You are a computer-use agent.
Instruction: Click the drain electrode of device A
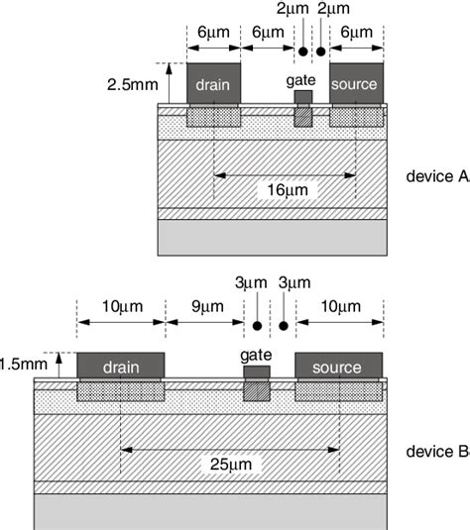click(213, 84)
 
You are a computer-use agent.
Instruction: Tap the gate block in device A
click(303, 97)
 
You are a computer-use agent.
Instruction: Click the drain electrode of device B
click(121, 367)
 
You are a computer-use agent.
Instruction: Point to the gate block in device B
click(257, 372)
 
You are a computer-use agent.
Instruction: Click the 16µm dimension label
click(286, 189)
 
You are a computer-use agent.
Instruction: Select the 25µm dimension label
click(231, 463)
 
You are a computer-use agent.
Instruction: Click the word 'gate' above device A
click(301, 79)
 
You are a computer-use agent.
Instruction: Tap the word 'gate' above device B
click(256, 354)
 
